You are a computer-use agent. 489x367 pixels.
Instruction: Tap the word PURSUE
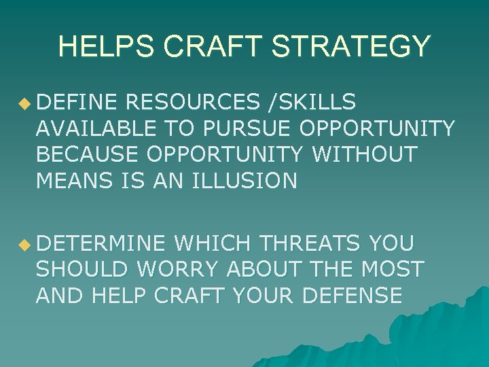(x=245, y=128)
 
